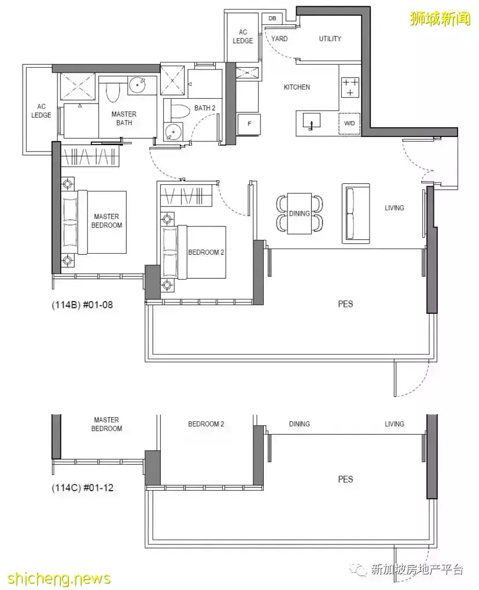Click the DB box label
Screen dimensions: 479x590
click(272, 18)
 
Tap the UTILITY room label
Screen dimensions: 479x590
click(330, 38)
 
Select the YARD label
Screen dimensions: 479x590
click(279, 38)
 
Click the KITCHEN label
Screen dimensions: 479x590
click(297, 87)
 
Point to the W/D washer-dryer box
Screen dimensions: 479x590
click(349, 124)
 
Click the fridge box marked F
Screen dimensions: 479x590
click(249, 124)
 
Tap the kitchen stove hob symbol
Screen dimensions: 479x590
click(350, 87)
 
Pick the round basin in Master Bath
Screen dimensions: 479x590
click(138, 85)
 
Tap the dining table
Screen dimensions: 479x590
click(300, 213)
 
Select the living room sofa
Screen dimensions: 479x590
click(355, 213)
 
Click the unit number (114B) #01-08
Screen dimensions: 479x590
click(82, 305)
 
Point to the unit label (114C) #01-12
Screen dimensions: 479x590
click(82, 488)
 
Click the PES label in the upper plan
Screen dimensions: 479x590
click(345, 304)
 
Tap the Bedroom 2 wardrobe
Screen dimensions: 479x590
click(187, 196)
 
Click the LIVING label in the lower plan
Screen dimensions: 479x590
click(395, 424)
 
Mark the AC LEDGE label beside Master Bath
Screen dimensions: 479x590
click(41, 111)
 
